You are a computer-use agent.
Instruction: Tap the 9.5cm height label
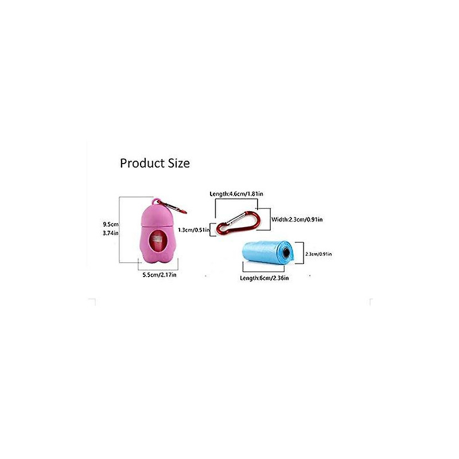tap(110, 224)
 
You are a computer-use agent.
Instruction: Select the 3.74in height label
tap(110, 233)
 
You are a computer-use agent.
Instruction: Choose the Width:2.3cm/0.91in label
tap(297, 219)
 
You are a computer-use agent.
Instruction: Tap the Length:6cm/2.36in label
tap(264, 278)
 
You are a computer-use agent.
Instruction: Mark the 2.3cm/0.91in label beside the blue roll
tap(318, 254)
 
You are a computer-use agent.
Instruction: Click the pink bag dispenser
tap(158, 229)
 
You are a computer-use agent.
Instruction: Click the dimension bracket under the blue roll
tap(265, 270)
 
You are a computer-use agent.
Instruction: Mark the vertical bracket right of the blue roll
tap(302, 254)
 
